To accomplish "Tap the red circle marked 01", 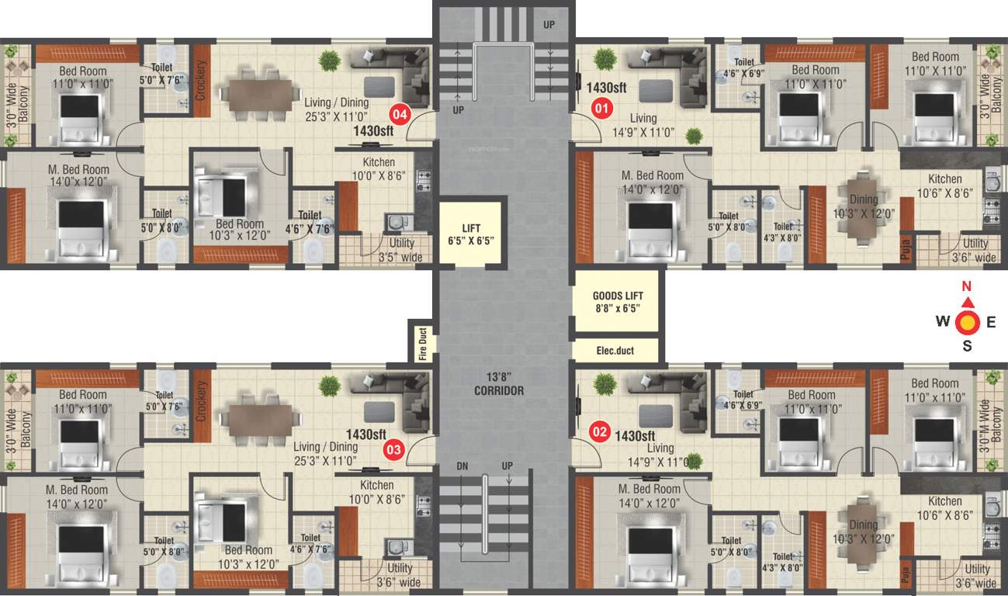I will [601, 108].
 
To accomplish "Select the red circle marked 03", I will [395, 448].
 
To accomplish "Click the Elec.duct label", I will [615, 351].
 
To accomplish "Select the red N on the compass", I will [967, 286].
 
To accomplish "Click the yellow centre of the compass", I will [967, 322].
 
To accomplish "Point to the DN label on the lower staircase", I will [462, 465].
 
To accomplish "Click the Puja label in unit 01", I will [906, 249].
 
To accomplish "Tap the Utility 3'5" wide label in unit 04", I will [402, 250].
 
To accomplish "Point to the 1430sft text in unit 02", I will [636, 435].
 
